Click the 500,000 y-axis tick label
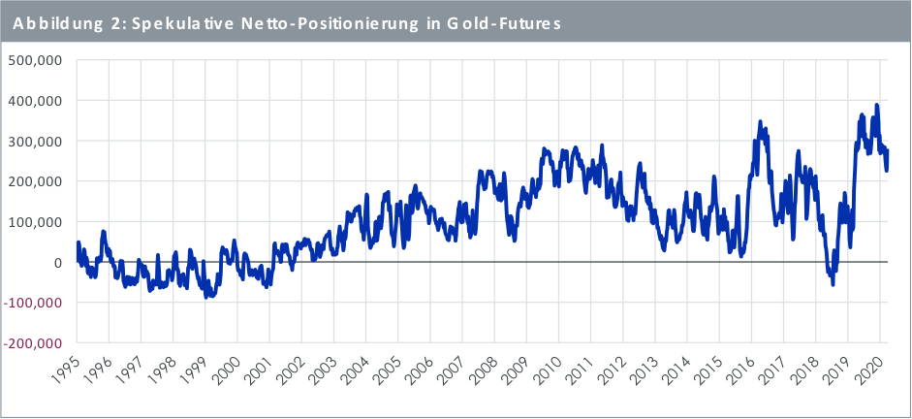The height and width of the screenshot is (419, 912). click(x=35, y=60)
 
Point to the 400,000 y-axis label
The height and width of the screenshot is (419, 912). click(x=35, y=101)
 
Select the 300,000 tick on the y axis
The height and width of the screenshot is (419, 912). click(x=35, y=141)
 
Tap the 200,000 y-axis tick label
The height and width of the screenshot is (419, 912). click(x=35, y=181)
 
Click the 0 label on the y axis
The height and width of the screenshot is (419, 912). click(x=58, y=263)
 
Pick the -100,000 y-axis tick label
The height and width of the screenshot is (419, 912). click(x=33, y=303)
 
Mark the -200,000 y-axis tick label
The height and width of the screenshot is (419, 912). click(x=33, y=343)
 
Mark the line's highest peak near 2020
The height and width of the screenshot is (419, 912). click(x=877, y=105)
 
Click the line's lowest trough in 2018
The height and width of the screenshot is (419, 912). click(x=832, y=284)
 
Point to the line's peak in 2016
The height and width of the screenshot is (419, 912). click(x=761, y=122)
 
